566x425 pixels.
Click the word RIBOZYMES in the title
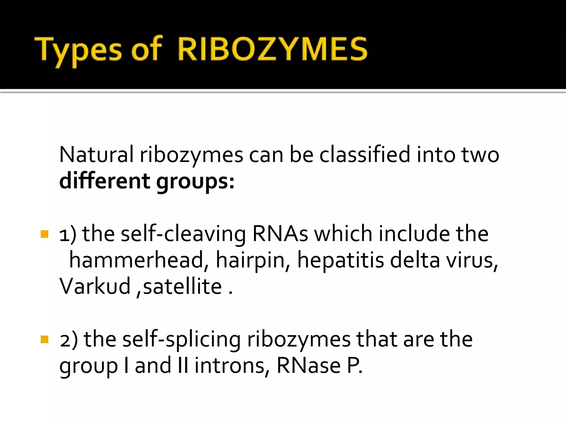[272, 49]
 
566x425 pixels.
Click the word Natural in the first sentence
[96, 154]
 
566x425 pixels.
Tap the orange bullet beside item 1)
[44, 234]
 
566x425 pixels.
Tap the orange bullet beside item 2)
[44, 339]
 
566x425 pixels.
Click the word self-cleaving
[183, 234]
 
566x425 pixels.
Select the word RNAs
[280, 234]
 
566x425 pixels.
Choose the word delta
[415, 260]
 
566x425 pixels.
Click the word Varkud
[95, 286]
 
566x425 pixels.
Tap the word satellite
[182, 286]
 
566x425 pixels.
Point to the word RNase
[308, 365]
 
